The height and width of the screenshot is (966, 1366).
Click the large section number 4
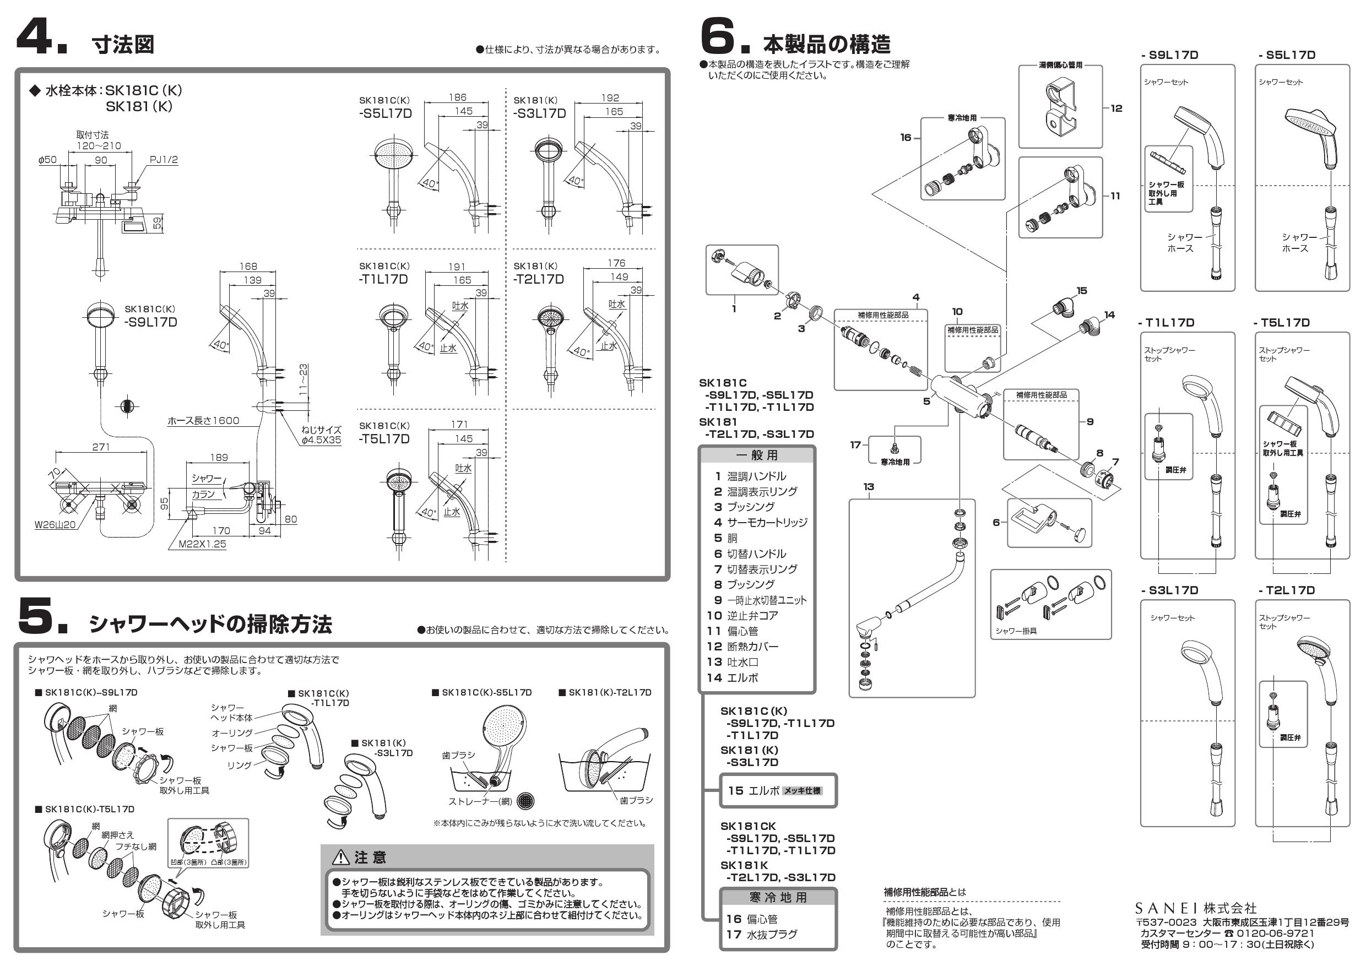pyautogui.click(x=36, y=37)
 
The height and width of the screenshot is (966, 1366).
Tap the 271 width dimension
pyautogui.click(x=101, y=447)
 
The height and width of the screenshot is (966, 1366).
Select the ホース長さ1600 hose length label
pyautogui.click(x=203, y=421)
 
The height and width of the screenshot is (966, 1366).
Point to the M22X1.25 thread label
pyautogui.click(x=202, y=544)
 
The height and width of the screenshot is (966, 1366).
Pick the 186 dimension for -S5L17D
pyautogui.click(x=457, y=97)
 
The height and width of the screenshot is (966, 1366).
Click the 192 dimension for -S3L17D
pyautogui.click(x=610, y=97)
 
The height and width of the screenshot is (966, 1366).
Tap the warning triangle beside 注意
pyautogui.click(x=340, y=857)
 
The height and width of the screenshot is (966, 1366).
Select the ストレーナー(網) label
pyautogui.click(x=480, y=801)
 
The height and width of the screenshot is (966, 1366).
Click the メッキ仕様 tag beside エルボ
pyautogui.click(x=803, y=790)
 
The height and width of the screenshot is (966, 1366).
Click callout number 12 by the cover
pyautogui.click(x=1116, y=108)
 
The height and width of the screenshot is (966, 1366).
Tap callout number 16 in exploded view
pyautogui.click(x=906, y=137)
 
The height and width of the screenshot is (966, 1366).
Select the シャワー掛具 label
pyautogui.click(x=1016, y=631)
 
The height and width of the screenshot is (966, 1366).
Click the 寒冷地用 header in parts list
pyautogui.click(x=778, y=898)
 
